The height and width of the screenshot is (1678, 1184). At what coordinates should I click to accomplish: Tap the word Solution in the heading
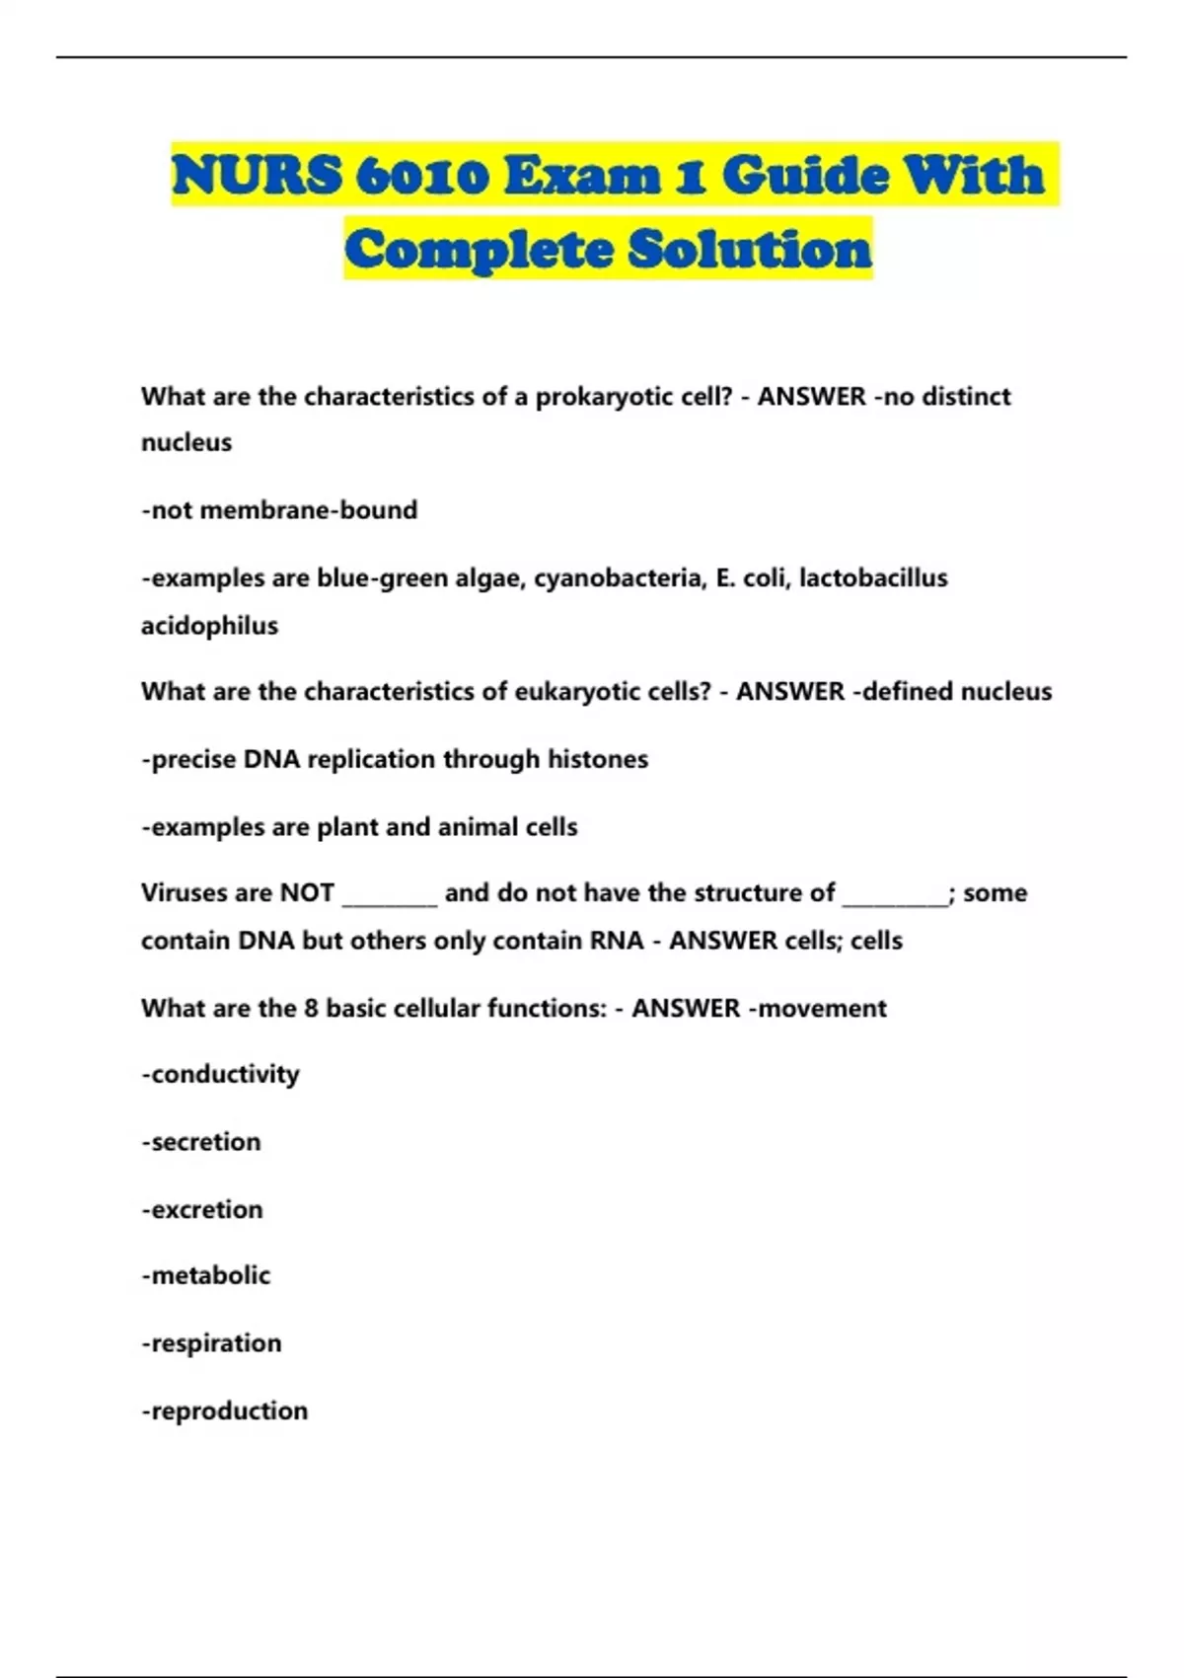pyautogui.click(x=750, y=249)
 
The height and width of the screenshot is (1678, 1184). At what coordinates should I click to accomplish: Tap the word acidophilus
pyautogui.click(x=209, y=626)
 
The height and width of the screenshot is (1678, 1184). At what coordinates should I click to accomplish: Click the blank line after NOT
pyautogui.click(x=390, y=898)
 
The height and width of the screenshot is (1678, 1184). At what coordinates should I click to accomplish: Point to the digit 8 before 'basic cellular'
pyautogui.click(x=311, y=1009)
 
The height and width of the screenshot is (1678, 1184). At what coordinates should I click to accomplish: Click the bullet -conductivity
pyautogui.click(x=220, y=1075)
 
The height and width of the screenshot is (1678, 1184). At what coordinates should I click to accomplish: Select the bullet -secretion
pyautogui.click(x=201, y=1142)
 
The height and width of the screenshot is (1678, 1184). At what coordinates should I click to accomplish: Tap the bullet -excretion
pyautogui.click(x=202, y=1210)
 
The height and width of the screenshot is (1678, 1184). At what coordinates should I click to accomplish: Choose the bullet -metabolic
pyautogui.click(x=205, y=1276)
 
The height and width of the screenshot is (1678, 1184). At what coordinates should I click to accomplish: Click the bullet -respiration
pyautogui.click(x=211, y=1343)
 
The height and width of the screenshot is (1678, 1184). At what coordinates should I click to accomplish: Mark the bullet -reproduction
pyautogui.click(x=224, y=1411)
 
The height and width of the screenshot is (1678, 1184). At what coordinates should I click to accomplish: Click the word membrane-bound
pyautogui.click(x=308, y=510)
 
